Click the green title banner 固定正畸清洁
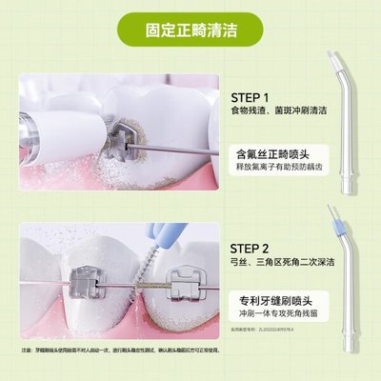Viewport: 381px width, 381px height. point(190,29)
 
